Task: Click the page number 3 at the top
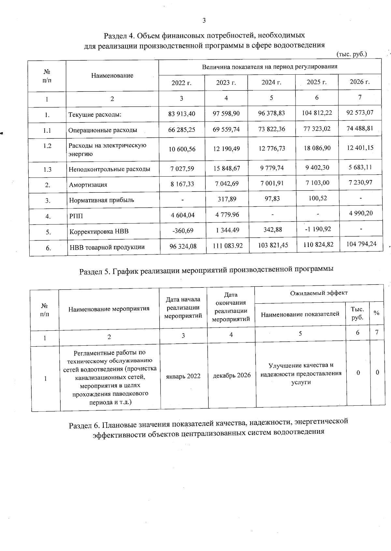204,21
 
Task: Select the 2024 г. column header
271,82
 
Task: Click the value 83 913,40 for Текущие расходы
181,114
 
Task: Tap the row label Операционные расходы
102,130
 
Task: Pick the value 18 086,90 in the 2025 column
317,148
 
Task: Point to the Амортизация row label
88,185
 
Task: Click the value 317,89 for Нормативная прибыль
227,199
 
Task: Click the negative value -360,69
182,231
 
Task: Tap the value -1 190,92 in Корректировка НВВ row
317,229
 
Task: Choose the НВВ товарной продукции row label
107,247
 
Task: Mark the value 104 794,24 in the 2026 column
361,244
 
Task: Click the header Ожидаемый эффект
319,293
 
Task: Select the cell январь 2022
183,376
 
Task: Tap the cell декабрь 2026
232,375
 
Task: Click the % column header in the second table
377,313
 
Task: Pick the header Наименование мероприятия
109,309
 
